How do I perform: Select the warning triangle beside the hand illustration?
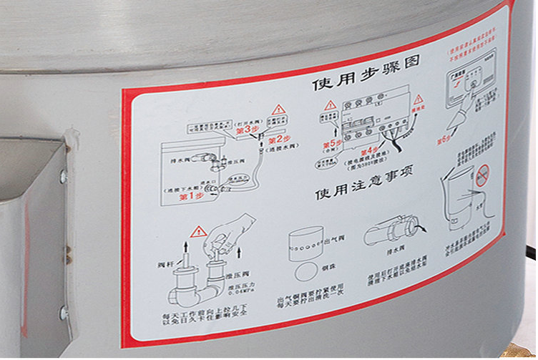click(x=197, y=231)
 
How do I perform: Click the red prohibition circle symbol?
click(x=483, y=175)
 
